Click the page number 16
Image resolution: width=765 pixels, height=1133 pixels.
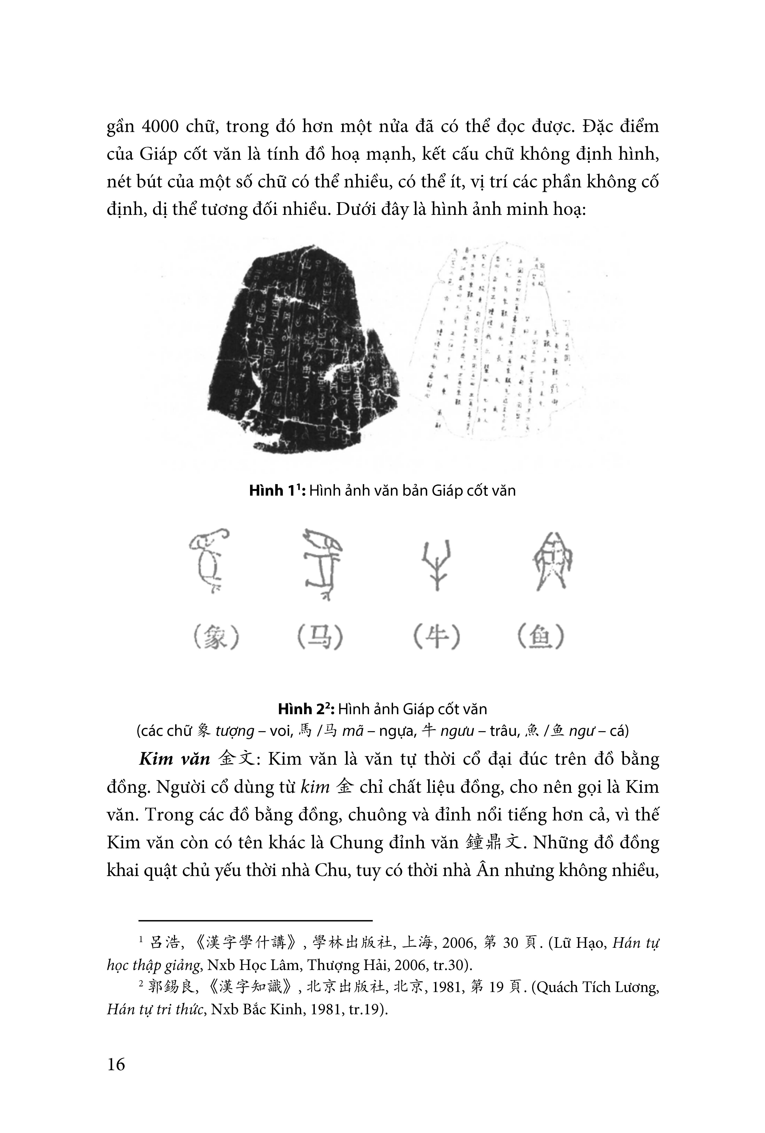coord(116,1063)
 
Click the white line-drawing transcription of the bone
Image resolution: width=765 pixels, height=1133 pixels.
coord(497,341)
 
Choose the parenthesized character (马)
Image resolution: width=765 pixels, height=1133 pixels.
coord(320,637)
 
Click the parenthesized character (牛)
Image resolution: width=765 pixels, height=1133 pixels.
coord(436,637)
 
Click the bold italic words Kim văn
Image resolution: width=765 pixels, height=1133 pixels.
coord(174,759)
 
